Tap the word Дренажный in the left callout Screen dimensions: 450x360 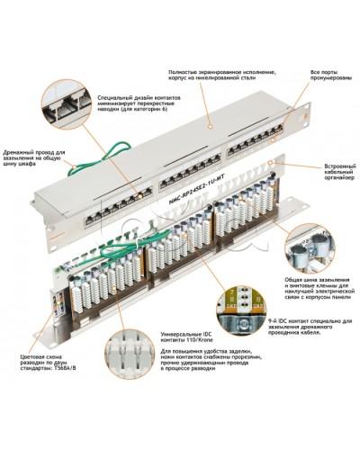[x=22, y=154]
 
